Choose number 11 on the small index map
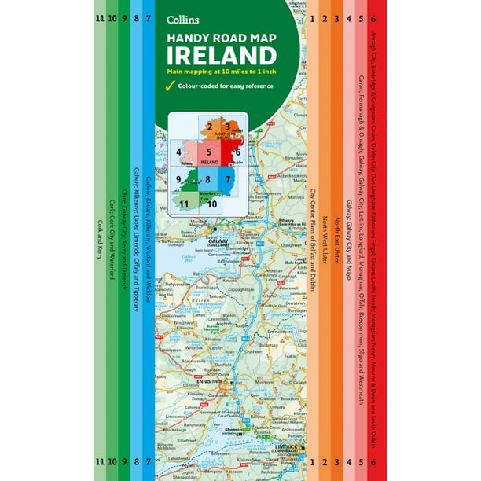pos(184,204)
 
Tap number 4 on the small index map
pos(179,152)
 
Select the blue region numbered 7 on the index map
pos(227,179)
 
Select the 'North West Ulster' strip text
pos(324,236)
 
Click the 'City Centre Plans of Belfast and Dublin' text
pos(312,240)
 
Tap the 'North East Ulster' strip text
pos(336,229)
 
